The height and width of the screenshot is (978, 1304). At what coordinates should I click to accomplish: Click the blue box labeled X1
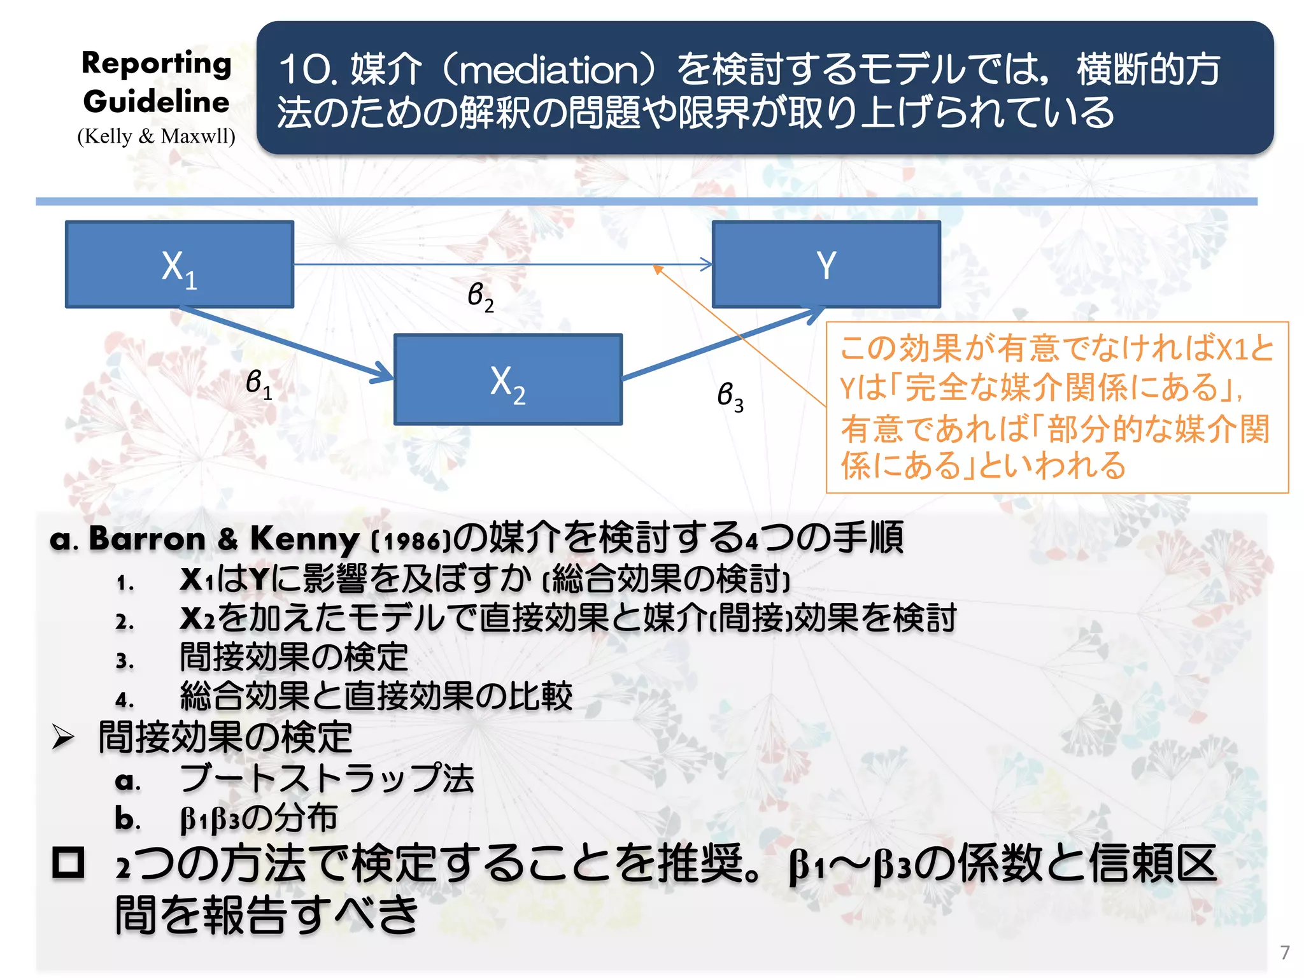[x=180, y=265]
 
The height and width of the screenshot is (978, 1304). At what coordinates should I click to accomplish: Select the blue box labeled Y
[x=826, y=265]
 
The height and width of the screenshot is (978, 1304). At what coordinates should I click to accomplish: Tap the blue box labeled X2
[x=507, y=379]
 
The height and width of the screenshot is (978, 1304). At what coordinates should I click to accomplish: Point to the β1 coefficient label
[x=259, y=384]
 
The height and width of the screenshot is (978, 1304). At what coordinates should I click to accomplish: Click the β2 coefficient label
[x=480, y=296]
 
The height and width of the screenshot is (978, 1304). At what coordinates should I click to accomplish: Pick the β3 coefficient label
[x=730, y=396]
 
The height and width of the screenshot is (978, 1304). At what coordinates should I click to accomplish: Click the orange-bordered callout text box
[x=1057, y=407]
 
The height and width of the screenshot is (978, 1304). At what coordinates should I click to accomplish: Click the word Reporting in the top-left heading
[x=157, y=64]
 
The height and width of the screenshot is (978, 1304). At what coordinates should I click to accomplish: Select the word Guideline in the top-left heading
[x=157, y=102]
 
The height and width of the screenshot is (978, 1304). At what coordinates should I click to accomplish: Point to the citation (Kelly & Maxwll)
[x=157, y=136]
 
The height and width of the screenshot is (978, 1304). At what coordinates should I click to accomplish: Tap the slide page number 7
[x=1285, y=953]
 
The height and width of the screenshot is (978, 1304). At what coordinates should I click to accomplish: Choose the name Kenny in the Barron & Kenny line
[x=304, y=539]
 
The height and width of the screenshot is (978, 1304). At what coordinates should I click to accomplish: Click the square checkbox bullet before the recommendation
[x=68, y=863]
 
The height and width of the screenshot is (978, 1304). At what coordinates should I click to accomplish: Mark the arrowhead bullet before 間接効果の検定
[x=64, y=738]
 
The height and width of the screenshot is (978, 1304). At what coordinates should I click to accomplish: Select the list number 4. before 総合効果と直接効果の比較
[x=125, y=700]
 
